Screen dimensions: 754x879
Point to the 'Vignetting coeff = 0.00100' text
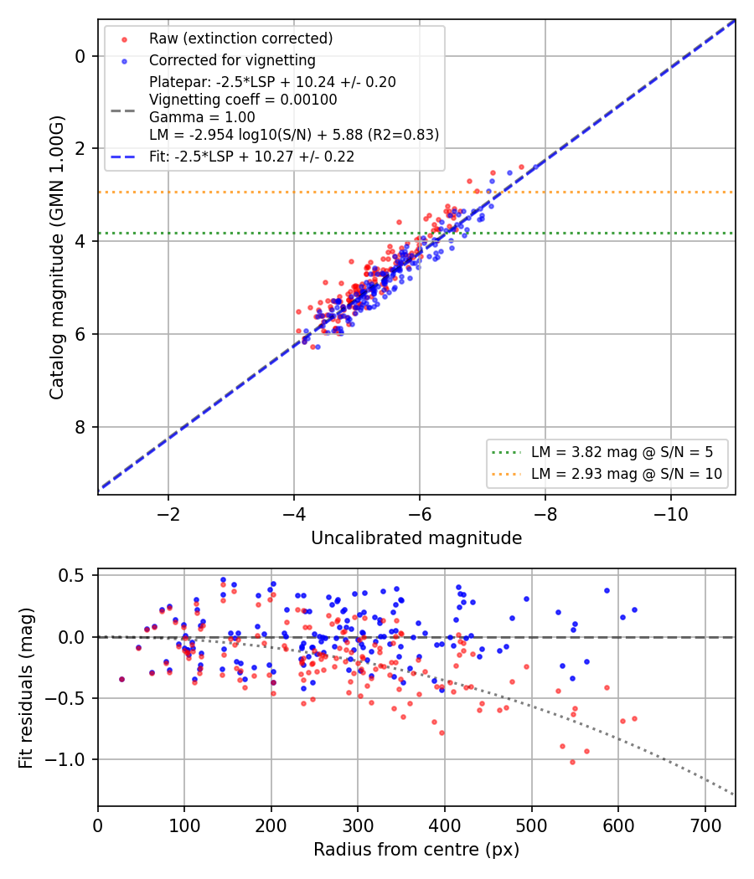[x=243, y=100]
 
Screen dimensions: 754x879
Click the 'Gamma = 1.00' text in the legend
[x=202, y=117]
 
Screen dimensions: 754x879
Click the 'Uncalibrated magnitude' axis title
[x=416, y=538]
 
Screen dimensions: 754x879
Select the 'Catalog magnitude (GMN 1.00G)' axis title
[x=57, y=257]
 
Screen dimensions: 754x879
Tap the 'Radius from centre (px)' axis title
[x=416, y=850]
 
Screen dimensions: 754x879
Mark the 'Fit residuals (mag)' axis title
[x=26, y=688]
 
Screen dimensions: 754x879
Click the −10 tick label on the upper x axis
[x=670, y=514]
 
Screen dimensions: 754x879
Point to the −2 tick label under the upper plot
[x=168, y=514]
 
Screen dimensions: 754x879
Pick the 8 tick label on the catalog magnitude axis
[x=80, y=427]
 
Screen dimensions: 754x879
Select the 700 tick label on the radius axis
[x=705, y=825]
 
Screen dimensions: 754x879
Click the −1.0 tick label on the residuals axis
[x=65, y=759]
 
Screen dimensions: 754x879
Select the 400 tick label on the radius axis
[x=445, y=825]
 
